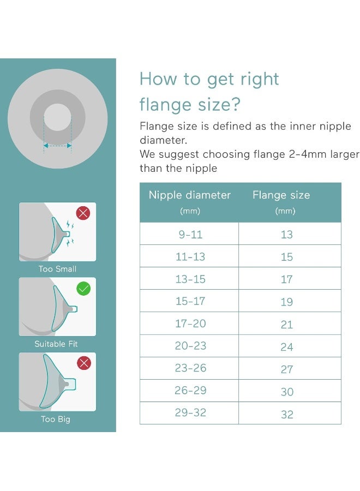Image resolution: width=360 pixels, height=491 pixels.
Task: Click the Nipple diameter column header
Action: (x=189, y=195)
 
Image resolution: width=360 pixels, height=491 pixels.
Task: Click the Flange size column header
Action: (x=281, y=195)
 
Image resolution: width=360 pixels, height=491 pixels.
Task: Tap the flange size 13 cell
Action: (x=287, y=235)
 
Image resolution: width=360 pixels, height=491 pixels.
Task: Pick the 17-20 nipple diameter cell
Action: (x=190, y=324)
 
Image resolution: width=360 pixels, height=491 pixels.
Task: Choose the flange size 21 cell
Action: (x=287, y=325)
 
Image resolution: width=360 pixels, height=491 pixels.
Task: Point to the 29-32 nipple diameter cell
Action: (x=190, y=413)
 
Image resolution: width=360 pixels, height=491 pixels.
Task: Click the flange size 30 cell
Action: (x=287, y=392)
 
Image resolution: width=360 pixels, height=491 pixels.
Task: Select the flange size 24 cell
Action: (x=287, y=347)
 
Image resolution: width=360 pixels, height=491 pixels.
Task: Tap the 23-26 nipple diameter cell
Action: (x=190, y=368)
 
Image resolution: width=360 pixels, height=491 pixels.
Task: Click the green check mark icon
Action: (x=83, y=289)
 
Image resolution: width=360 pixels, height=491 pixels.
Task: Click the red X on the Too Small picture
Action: (x=83, y=213)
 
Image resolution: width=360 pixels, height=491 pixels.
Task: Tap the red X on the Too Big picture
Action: (x=83, y=363)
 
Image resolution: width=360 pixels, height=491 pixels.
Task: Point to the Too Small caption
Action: (x=57, y=269)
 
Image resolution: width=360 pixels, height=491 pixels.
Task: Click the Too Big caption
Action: (x=56, y=419)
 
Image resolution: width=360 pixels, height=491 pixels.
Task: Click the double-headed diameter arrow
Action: (x=57, y=145)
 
